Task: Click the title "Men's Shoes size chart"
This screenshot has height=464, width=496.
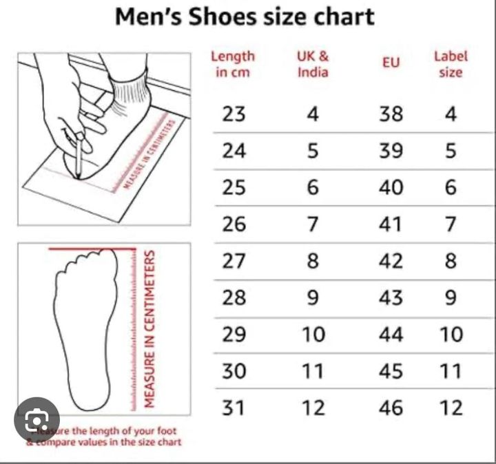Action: coord(245,17)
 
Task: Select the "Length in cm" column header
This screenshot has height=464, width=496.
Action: coord(232,63)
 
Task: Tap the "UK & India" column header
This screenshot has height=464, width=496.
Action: coord(313,63)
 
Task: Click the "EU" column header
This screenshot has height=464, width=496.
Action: coord(391,63)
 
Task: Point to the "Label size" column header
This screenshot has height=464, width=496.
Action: coord(451,63)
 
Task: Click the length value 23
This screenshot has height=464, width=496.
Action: coord(234,114)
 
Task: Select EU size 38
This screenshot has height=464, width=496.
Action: coord(391,114)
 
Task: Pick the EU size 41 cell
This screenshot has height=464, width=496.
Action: coord(391,224)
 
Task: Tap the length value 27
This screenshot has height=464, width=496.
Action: coord(234,261)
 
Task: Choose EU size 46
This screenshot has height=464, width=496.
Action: coord(391,408)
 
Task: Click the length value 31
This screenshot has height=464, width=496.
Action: coord(234,408)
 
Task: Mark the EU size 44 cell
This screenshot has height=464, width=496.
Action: coord(391,335)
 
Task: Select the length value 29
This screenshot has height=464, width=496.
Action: coord(234,335)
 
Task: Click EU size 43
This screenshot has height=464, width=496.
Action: coord(391,297)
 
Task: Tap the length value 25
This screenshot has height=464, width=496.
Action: coord(234,187)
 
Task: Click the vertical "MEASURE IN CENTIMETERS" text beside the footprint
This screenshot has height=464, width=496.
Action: coord(149,328)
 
